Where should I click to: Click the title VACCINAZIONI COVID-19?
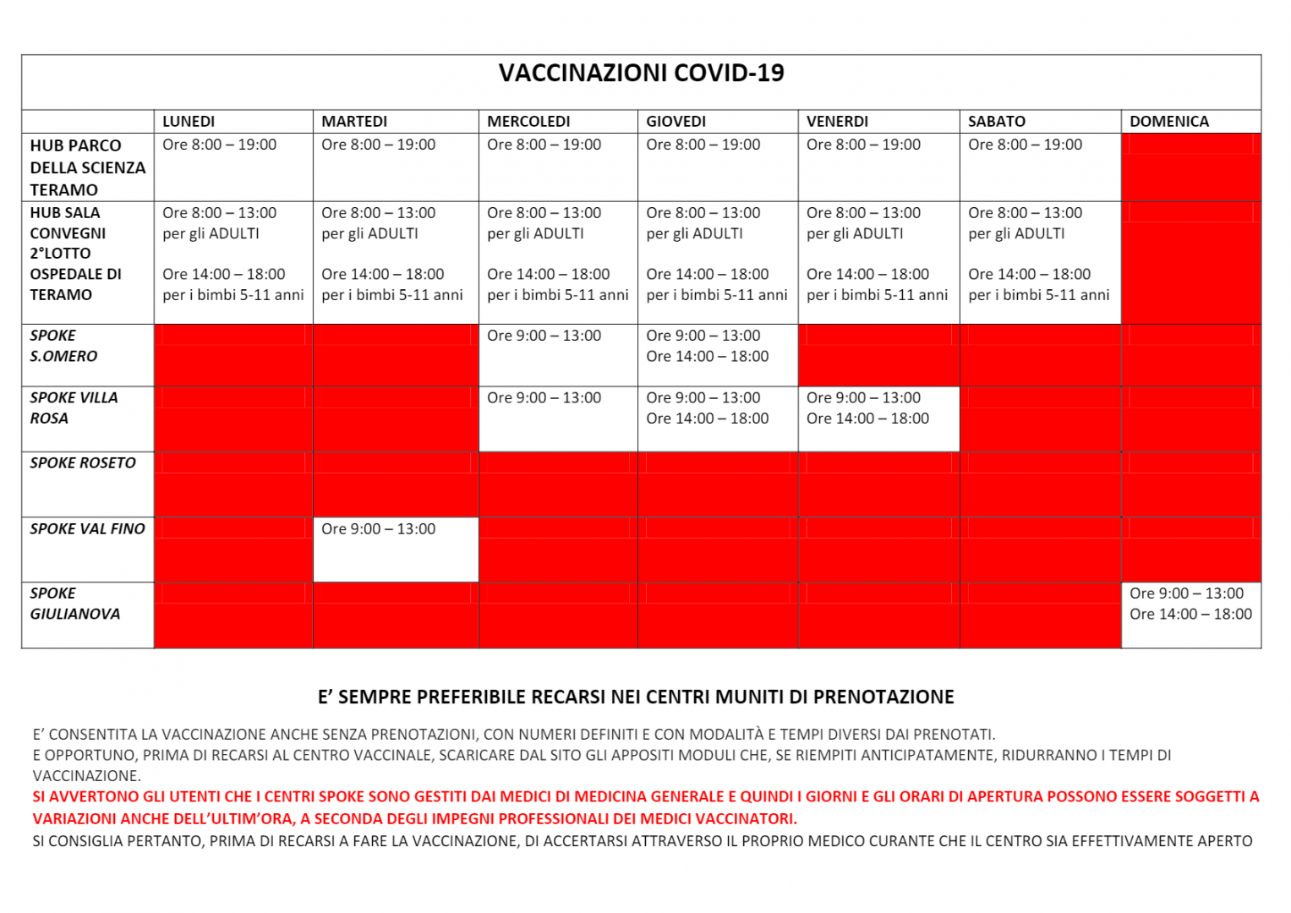tap(641, 74)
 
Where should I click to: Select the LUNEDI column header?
tap(189, 122)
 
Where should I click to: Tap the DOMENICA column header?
tap(1169, 122)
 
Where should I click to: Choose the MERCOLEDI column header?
tap(528, 122)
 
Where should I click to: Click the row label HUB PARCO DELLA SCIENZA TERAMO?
tap(87, 167)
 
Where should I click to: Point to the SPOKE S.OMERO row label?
tap(63, 346)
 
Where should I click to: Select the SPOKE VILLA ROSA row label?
tap(74, 407)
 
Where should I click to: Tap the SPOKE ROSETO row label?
tap(83, 463)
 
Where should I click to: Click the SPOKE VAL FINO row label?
tap(87, 529)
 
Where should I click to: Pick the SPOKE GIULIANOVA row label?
tap(74, 604)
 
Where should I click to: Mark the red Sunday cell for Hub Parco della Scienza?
tap(1190, 167)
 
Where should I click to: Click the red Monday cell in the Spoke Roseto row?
tap(233, 484)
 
